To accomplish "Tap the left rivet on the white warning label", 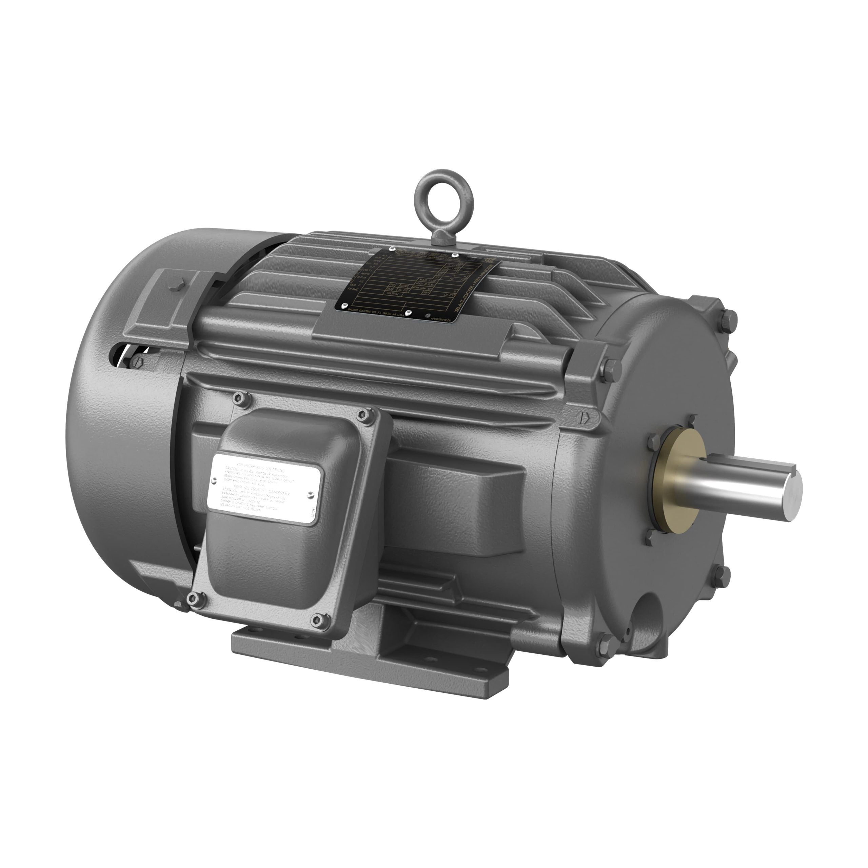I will tap(216, 479).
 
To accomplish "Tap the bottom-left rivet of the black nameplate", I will tap(344, 305).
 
